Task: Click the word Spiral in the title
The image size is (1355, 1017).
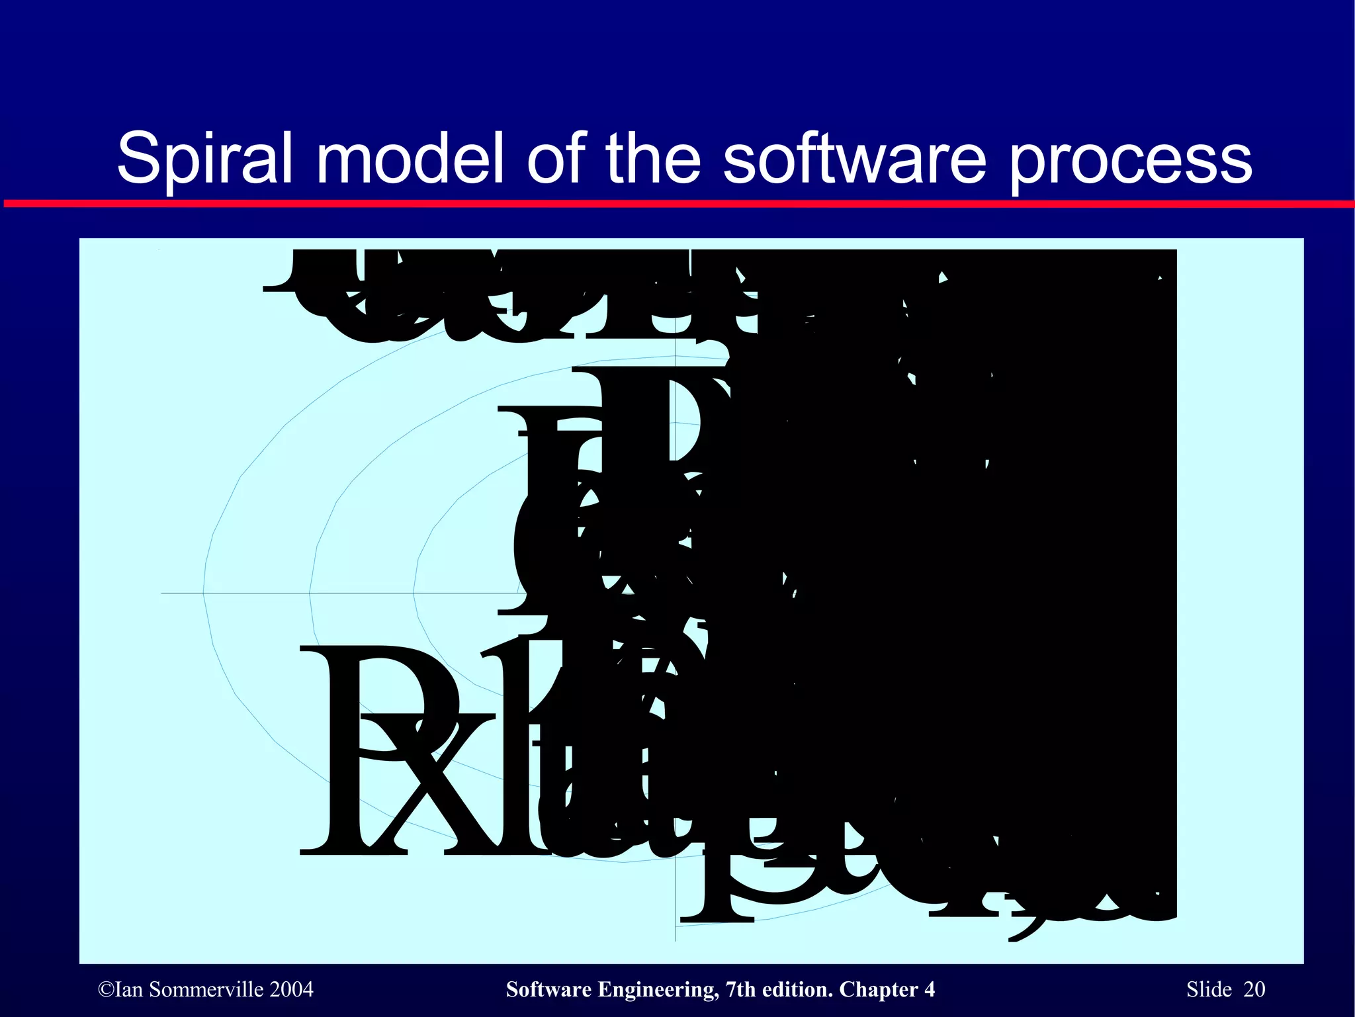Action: click(204, 159)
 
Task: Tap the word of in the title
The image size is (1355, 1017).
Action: click(555, 159)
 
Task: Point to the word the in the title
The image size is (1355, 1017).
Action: click(652, 159)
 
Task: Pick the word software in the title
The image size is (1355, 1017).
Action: click(854, 159)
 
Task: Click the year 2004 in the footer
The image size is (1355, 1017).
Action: click(292, 990)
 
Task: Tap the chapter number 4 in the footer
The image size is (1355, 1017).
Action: click(929, 990)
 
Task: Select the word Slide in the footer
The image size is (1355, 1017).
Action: click(1209, 990)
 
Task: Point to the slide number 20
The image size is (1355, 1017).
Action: click(1254, 990)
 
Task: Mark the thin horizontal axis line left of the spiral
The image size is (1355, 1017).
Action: click(182, 593)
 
